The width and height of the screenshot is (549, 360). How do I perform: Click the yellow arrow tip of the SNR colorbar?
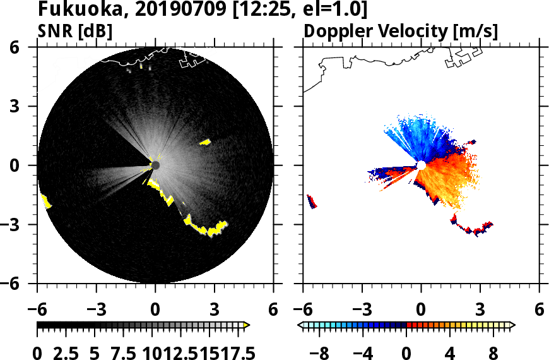(x=247, y=325)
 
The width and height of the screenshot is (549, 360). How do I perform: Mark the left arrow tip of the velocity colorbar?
(x=300, y=325)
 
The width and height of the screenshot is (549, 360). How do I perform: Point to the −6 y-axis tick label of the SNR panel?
(x=24, y=284)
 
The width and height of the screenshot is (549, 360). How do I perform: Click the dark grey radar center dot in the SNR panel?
(x=155, y=165)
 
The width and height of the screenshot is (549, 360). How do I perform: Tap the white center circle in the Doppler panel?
(x=421, y=165)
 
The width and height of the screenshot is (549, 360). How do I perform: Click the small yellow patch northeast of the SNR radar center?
(x=205, y=142)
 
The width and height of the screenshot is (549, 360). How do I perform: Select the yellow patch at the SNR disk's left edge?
(x=46, y=201)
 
